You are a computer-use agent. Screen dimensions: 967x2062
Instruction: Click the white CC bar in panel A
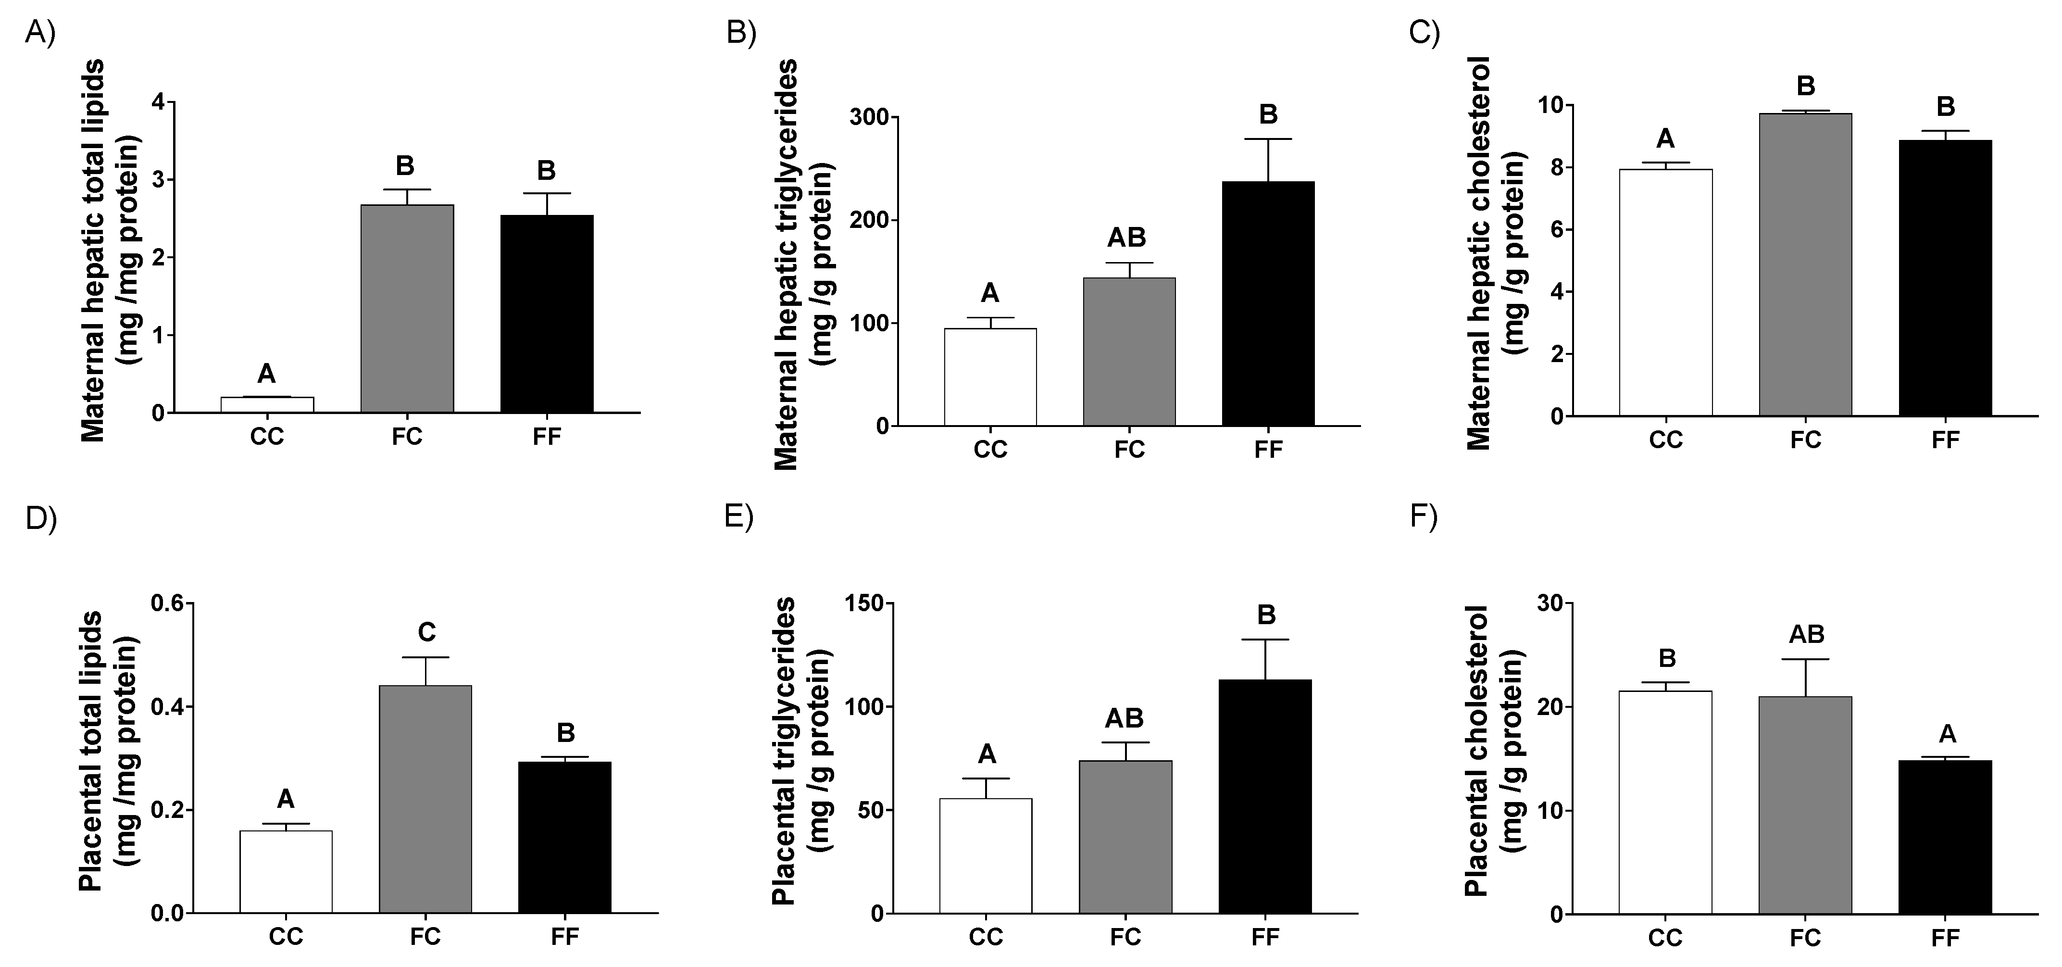266,404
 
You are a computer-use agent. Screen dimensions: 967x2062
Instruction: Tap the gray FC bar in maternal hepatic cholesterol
1805,264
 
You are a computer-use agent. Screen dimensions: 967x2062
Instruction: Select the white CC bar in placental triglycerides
986,856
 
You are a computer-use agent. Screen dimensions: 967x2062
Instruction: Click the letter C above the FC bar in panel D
426,632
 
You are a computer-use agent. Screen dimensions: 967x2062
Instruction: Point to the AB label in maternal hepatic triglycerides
1126,237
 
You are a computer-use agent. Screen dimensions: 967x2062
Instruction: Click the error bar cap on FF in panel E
1265,640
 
